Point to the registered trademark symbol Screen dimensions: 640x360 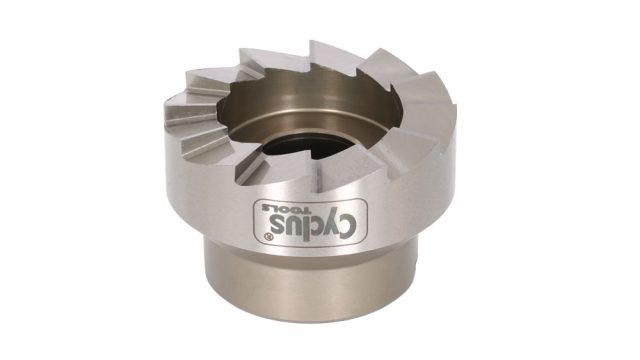click(268, 236)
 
